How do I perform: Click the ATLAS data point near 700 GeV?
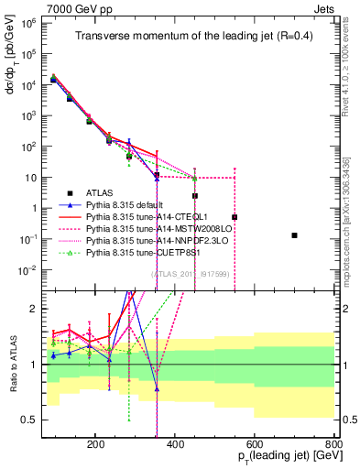(x=294, y=235)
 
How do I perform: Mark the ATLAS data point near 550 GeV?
(x=235, y=217)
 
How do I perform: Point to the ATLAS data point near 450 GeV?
(x=195, y=196)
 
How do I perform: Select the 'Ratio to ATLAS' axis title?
(x=21, y=365)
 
